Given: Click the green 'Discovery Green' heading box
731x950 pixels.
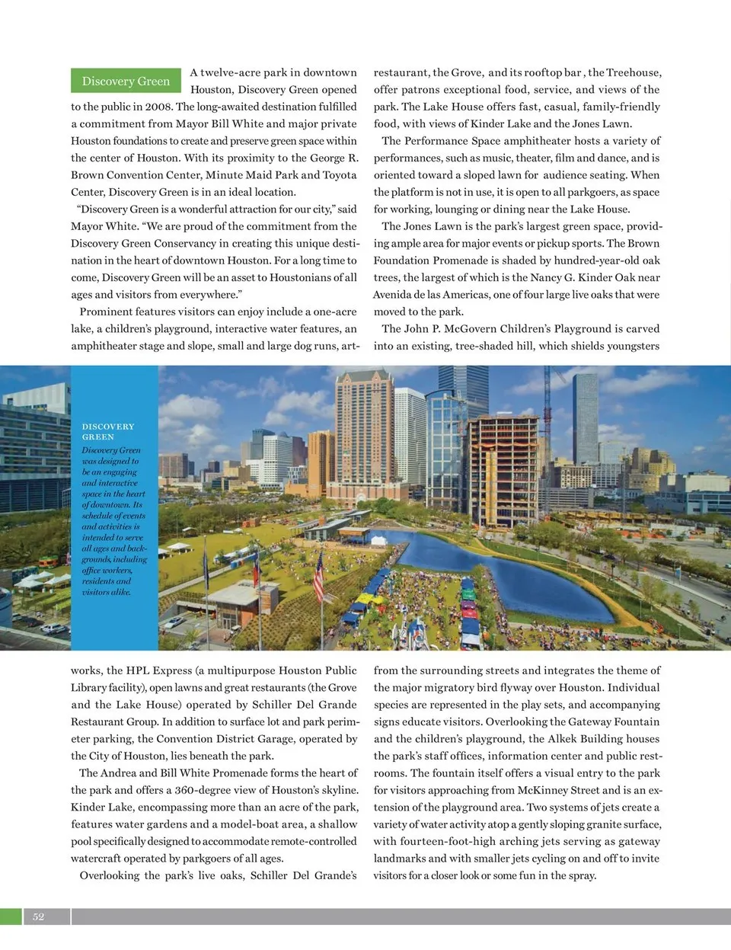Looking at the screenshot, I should tap(126, 81).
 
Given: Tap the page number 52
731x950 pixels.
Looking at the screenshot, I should tap(39, 916).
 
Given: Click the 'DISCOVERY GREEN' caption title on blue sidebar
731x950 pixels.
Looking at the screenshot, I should tap(108, 431).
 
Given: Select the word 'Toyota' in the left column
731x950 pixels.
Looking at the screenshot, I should tap(340, 174).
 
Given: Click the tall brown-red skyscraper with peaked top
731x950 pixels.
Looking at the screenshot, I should tap(365, 427).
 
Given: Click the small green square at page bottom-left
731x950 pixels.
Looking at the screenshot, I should tap(11, 916).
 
